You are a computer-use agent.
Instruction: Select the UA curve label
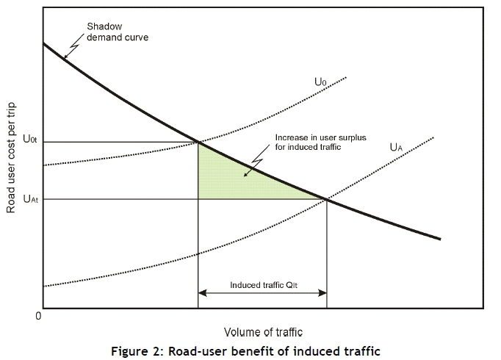point(395,147)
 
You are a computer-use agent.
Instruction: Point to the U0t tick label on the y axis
point(30,140)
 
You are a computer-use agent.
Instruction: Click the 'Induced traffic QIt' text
point(262,285)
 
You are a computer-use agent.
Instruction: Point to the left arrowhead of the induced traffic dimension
point(202,292)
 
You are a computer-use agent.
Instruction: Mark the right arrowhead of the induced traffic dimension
point(323,292)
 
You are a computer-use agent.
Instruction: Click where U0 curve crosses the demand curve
point(198,142)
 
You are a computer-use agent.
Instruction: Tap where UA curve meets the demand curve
point(327,199)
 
